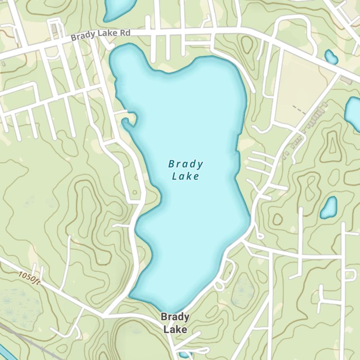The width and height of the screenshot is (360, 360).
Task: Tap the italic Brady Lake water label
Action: (x=185, y=170)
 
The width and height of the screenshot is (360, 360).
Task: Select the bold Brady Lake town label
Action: (x=175, y=323)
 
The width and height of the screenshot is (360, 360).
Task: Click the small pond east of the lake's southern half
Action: (x=329, y=208)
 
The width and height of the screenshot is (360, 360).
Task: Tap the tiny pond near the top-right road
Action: (x=331, y=57)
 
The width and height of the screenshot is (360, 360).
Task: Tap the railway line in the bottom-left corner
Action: (x=25, y=338)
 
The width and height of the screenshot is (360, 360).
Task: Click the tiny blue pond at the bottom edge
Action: (x=184, y=356)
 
